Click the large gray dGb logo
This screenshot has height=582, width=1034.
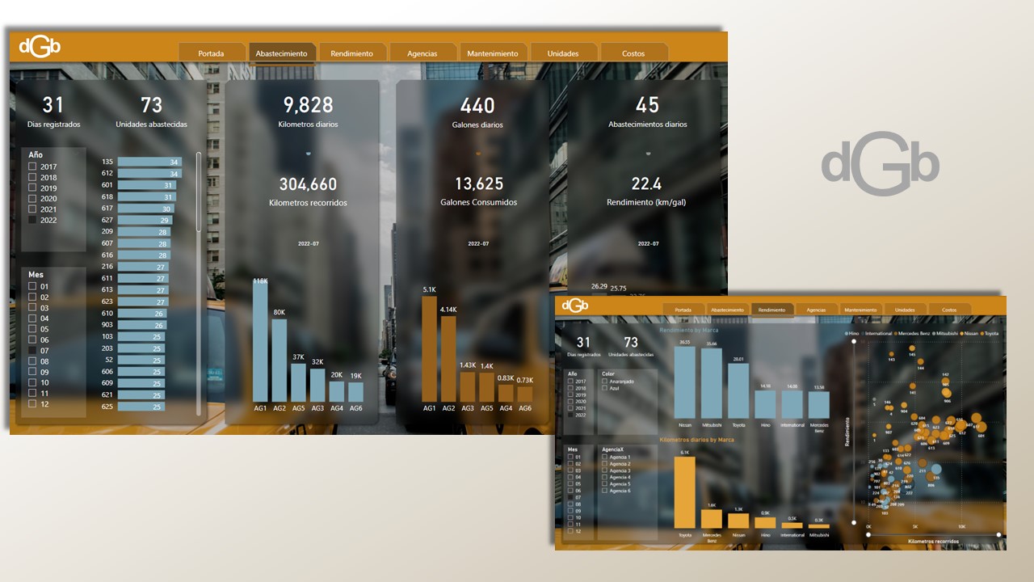click(880, 164)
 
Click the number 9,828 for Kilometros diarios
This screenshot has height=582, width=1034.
click(308, 105)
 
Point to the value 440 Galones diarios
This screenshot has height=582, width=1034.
click(477, 106)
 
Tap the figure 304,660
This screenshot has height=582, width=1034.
click(308, 184)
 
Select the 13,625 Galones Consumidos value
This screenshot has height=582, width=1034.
click(480, 184)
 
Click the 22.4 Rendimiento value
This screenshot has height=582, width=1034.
click(646, 184)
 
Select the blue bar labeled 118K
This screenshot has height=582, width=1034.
click(260, 344)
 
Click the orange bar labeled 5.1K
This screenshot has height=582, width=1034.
click(429, 349)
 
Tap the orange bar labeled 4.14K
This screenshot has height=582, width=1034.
click(448, 359)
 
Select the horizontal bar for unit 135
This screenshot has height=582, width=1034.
click(149, 162)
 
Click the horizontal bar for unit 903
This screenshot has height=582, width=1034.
click(142, 325)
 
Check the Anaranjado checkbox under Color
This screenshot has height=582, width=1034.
click(604, 382)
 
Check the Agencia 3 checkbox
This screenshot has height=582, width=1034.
click(604, 470)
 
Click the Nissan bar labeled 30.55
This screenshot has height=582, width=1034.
click(685, 382)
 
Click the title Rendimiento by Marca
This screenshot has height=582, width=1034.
click(689, 331)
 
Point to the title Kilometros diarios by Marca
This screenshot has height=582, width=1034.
click(697, 440)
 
